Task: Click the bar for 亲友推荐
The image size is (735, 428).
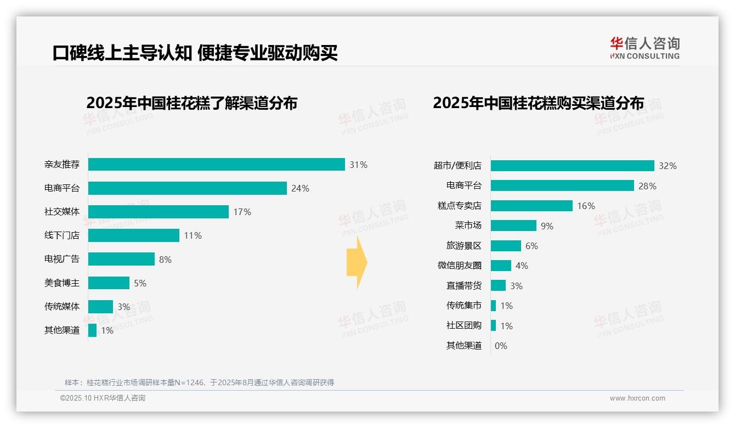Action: click(216, 165)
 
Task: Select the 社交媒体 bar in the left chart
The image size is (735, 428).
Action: click(158, 212)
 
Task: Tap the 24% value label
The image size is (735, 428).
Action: click(300, 188)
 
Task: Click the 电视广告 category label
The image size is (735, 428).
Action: click(62, 259)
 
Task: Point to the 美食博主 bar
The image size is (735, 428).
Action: click(109, 283)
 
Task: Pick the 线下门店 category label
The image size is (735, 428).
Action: click(62, 235)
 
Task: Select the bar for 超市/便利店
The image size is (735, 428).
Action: click(572, 166)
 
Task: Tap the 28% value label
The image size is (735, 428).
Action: click(647, 186)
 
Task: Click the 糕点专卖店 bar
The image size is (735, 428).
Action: click(532, 206)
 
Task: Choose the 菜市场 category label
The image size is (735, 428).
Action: click(468, 226)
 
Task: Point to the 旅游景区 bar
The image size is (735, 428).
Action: click(506, 246)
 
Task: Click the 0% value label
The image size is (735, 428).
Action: click(501, 346)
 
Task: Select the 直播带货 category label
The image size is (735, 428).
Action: click(463, 286)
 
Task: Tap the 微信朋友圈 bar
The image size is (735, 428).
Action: click(501, 266)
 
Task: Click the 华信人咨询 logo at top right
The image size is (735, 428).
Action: click(644, 48)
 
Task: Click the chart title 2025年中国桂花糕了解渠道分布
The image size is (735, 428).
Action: click(191, 103)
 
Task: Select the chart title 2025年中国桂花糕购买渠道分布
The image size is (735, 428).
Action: click(538, 103)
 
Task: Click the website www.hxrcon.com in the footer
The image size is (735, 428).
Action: click(637, 398)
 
